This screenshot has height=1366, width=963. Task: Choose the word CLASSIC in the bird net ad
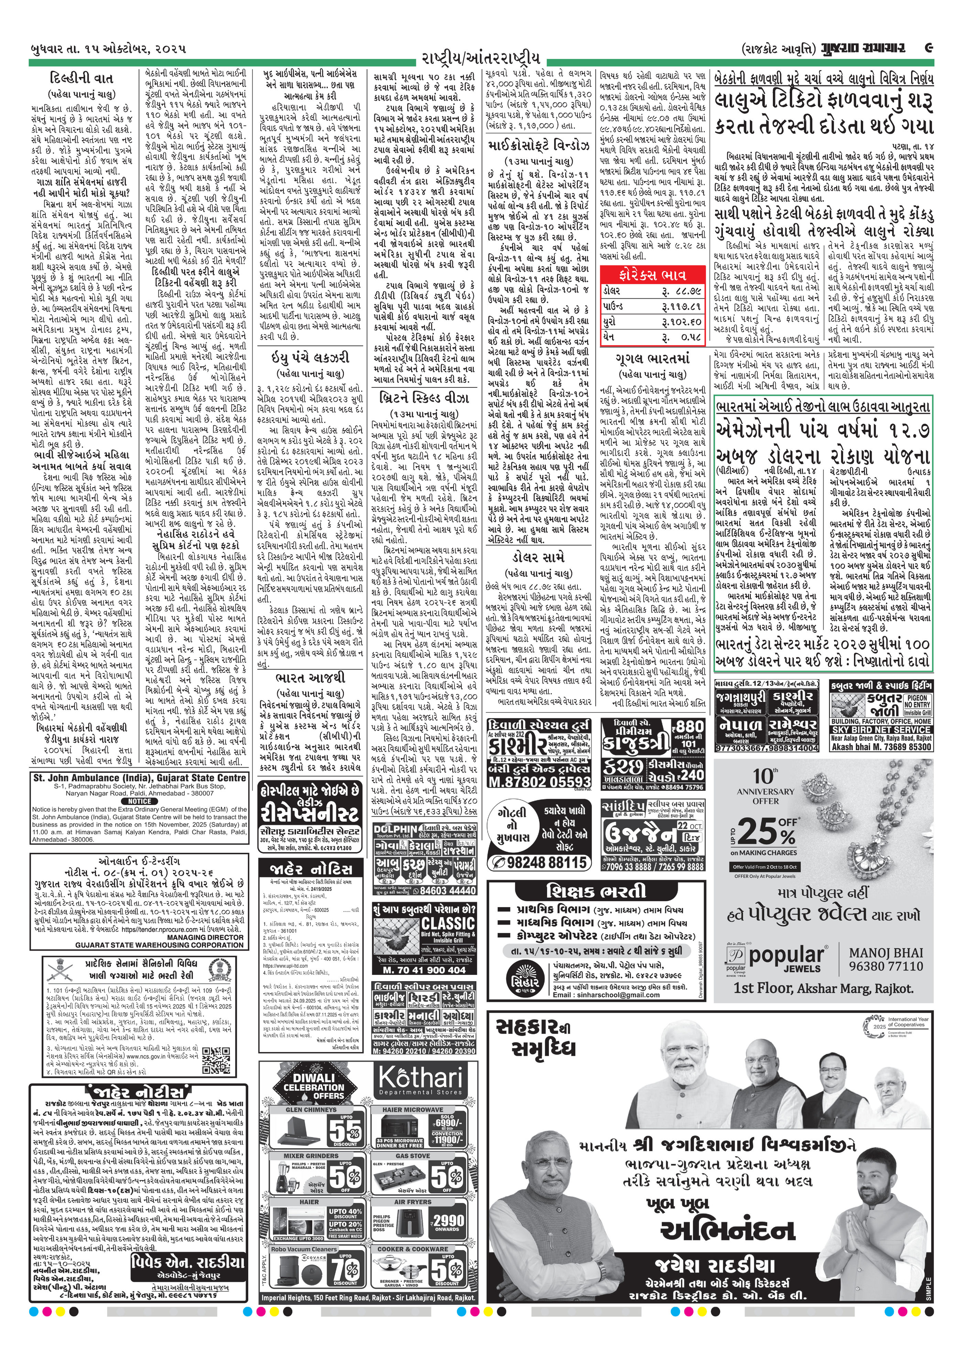point(447,923)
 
